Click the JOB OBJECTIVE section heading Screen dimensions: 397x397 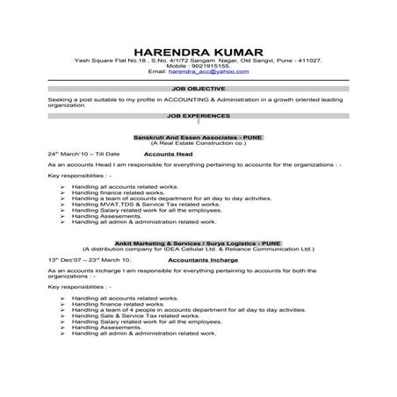(x=198, y=89)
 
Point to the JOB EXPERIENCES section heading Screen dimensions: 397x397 (x=198, y=115)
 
